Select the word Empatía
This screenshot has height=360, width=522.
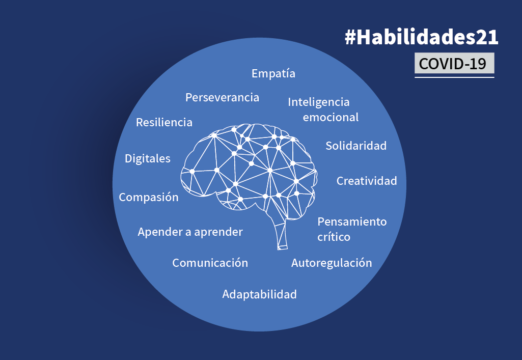[273, 74]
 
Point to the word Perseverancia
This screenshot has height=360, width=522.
[222, 97]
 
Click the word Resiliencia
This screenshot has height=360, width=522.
[164, 123]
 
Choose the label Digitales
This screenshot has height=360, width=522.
[148, 159]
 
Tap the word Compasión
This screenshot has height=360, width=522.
[149, 198]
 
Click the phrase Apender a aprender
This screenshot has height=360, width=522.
[190, 232]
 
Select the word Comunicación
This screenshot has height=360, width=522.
[210, 263]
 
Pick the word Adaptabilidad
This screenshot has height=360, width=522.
[259, 294]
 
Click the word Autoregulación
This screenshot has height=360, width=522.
[332, 263]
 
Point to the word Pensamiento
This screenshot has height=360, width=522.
[352, 222]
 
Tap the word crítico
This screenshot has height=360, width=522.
[334, 237]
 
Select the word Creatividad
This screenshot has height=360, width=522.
[367, 181]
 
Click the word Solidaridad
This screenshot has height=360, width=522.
[356, 146]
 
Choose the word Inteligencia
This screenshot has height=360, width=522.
[319, 102]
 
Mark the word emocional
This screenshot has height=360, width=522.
[331, 118]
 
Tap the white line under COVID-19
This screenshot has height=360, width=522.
[454, 77]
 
